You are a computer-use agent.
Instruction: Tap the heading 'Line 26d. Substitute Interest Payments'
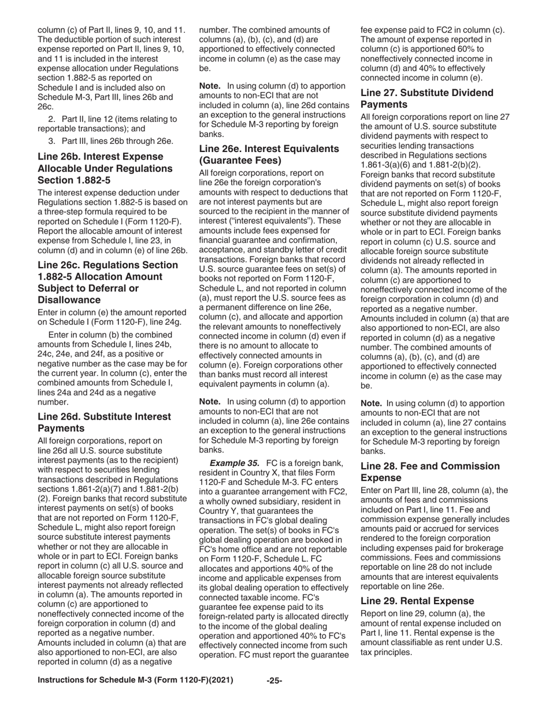[x=104, y=422]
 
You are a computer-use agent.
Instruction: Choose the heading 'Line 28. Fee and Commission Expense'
[x=430, y=472]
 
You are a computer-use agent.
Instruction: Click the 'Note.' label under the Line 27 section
[x=372, y=403]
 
